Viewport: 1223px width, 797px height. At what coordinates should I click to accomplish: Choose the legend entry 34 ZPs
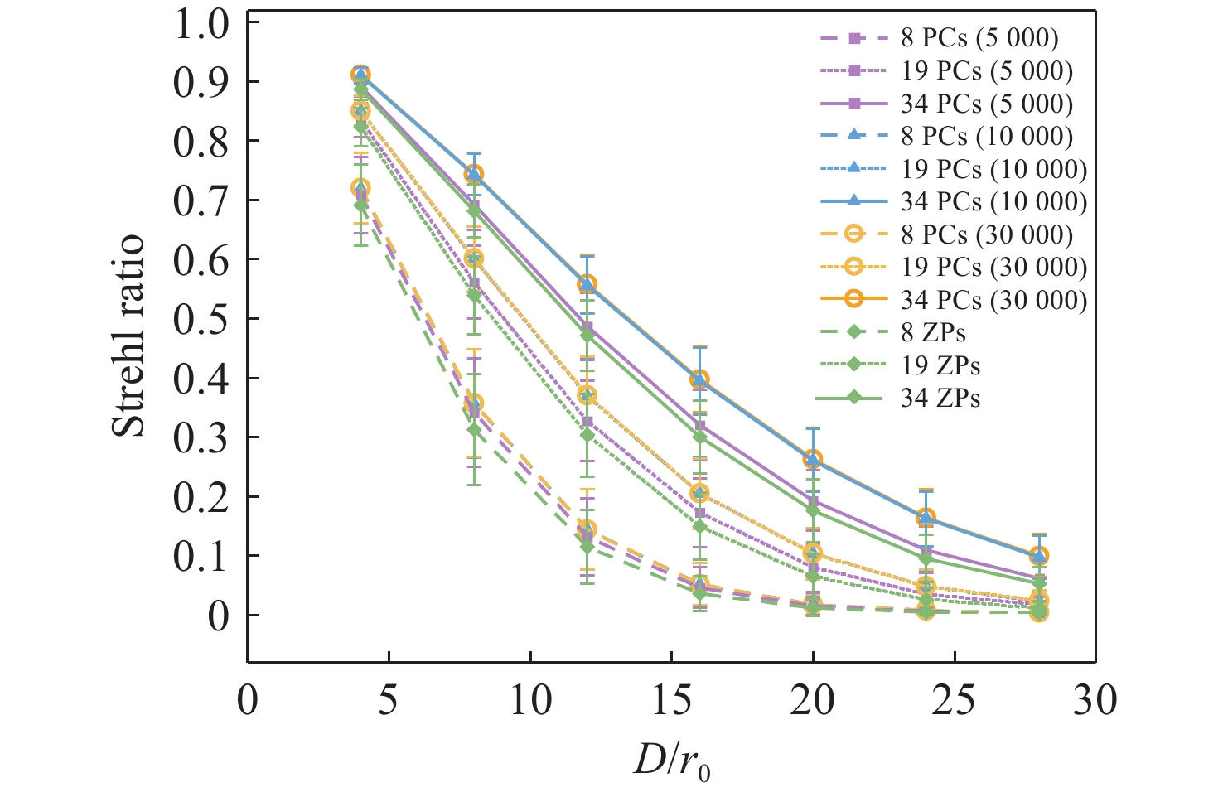(940, 398)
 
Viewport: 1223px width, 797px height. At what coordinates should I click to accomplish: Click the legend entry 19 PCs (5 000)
(987, 71)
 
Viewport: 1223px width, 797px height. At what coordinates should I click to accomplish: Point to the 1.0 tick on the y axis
(201, 23)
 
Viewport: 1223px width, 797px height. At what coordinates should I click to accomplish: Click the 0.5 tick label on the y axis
(201, 319)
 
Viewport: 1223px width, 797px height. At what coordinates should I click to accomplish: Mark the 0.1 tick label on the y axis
(201, 557)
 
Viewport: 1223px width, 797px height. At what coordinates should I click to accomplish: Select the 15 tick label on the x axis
(672, 700)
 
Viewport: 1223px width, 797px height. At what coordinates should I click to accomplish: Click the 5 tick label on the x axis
(389, 700)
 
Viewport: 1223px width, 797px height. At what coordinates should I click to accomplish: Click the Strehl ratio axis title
(128, 336)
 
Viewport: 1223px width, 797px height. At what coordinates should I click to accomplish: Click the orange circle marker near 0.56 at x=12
(587, 283)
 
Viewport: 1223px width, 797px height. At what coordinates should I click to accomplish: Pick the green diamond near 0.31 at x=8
(474, 430)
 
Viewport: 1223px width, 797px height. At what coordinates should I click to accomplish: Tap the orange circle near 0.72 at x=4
(360, 188)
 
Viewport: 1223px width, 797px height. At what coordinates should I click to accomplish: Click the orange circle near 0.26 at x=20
(813, 460)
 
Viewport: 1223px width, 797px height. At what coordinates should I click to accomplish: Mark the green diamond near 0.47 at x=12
(587, 335)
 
